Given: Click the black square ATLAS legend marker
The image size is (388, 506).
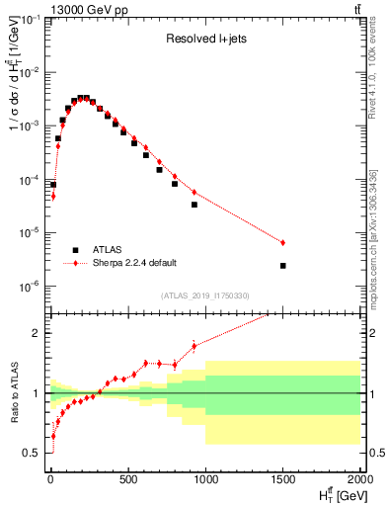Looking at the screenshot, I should pos(75,249).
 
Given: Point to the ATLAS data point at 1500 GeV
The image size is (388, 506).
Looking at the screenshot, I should pos(283,266).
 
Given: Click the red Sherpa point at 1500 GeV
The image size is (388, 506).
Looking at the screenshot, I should pos(283,242).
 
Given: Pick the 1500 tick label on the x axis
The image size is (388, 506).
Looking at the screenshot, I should pos(283,481).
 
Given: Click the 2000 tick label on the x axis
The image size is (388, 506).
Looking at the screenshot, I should pos(358,481).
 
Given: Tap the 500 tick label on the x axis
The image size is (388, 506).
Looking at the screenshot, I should pos(127,481).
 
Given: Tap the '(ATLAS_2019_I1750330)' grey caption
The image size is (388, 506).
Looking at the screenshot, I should pos(203,295).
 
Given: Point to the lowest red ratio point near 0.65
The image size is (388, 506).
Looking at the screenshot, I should pos(52,436).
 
